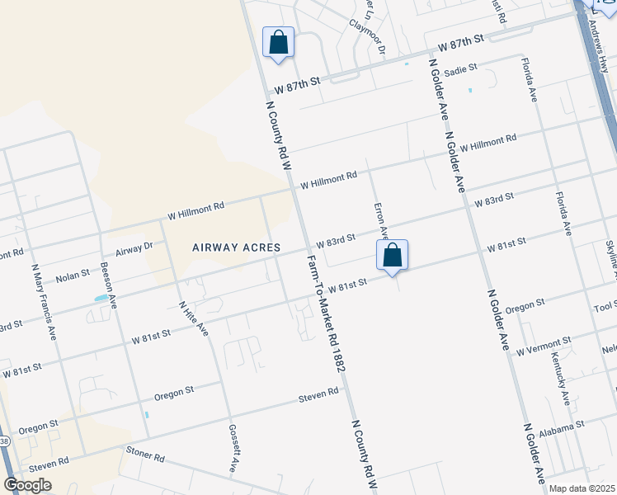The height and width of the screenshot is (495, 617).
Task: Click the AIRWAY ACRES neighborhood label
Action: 237,247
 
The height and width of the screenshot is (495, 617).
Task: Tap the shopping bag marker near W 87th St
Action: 278,42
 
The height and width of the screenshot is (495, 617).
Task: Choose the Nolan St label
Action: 73,273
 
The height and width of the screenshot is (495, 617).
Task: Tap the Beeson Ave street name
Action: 107,285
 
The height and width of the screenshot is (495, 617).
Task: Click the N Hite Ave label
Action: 194,317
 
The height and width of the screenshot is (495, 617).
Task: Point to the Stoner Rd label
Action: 146,455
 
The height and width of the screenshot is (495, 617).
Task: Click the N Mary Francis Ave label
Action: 44,301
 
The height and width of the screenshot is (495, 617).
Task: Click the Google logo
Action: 28,485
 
